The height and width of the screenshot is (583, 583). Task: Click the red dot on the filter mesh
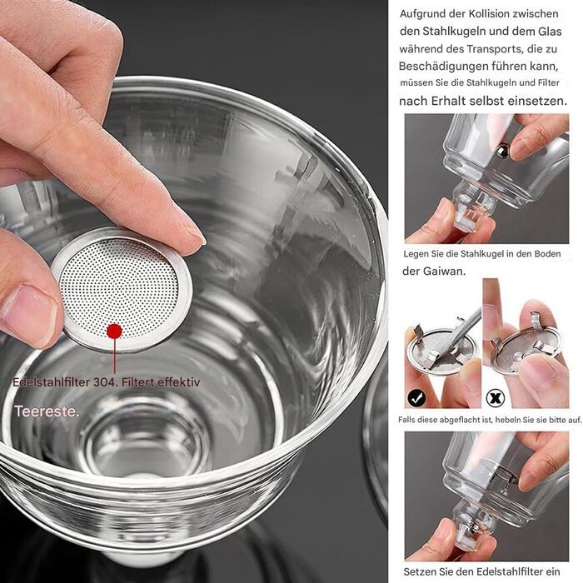tap(114, 331)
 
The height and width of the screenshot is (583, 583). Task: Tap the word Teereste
tap(47, 411)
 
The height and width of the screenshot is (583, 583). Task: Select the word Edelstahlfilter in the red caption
tap(52, 382)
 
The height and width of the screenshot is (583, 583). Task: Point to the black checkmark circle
tap(416, 398)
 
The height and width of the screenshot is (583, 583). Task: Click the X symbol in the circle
tap(496, 398)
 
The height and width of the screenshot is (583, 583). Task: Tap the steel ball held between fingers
tap(503, 151)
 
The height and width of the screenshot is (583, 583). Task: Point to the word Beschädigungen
tap(443, 67)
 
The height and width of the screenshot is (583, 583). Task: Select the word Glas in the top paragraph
tap(550, 32)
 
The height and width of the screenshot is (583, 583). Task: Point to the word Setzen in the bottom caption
tap(419, 571)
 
